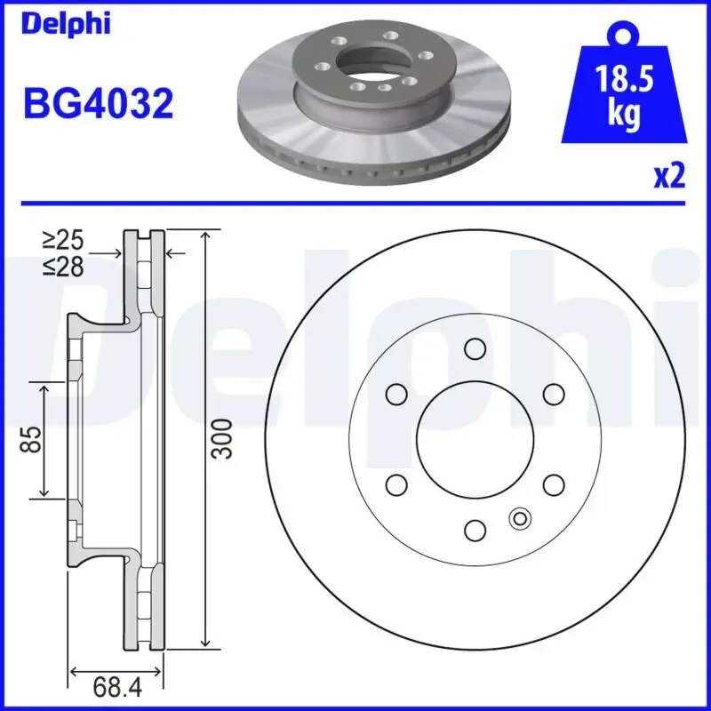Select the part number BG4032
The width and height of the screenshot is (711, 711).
[97, 104]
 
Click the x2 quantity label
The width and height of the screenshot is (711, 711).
[669, 177]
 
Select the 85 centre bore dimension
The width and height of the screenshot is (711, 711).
[31, 438]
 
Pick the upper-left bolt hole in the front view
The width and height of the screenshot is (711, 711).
[395, 393]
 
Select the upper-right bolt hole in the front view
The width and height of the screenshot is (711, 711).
[554, 393]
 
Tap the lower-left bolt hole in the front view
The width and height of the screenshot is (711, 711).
[395, 484]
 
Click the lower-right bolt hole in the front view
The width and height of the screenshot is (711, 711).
[554, 484]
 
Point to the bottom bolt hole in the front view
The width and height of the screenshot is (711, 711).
[475, 531]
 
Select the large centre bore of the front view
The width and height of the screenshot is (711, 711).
[475, 438]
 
